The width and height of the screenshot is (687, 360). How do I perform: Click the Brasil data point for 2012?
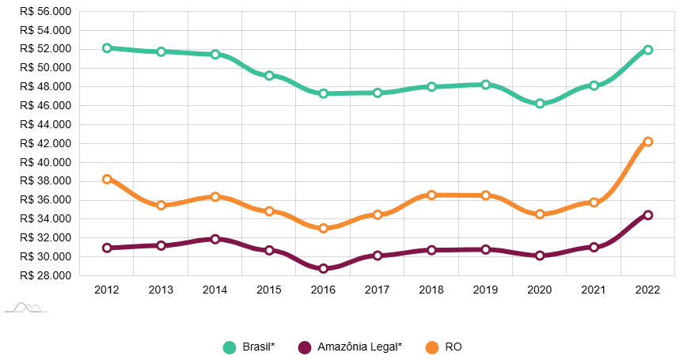point(107,48)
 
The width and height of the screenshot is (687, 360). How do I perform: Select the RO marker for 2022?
point(648,142)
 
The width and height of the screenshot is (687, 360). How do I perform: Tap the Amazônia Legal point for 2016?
point(324,268)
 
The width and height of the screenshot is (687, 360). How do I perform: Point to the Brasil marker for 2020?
point(540,104)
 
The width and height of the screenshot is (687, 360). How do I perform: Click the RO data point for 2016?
point(324,228)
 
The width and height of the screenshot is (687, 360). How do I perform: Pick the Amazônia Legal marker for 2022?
point(648,214)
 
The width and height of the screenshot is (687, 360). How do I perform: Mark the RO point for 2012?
point(107,179)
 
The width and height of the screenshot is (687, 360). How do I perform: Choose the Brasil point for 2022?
point(648,50)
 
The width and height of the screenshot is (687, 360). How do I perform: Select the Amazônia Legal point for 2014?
point(215,239)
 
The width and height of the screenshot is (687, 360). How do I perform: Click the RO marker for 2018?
point(431,195)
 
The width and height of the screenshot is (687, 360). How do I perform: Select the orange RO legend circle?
point(432,347)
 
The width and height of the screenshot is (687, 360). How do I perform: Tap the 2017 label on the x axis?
point(378,290)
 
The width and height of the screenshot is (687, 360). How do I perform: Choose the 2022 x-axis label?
point(648,290)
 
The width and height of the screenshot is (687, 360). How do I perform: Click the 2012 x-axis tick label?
point(107,290)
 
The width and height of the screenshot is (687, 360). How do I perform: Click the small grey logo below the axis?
point(25,307)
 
